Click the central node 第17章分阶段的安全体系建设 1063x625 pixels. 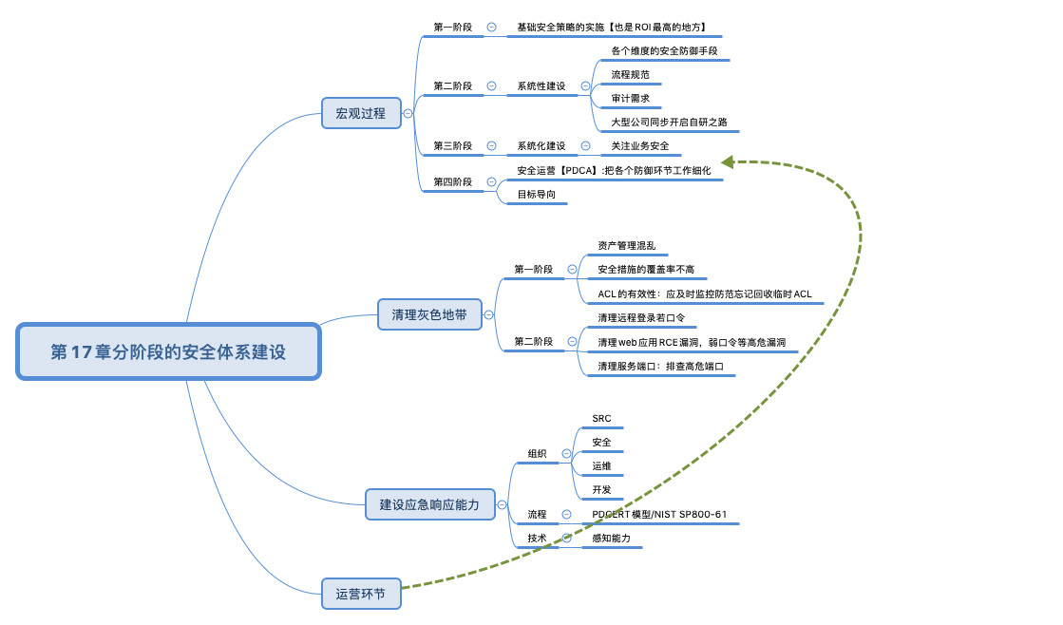pos(168,351)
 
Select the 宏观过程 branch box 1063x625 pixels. pos(361,113)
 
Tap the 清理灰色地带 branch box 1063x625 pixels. pos(429,313)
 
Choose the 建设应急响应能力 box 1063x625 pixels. pos(430,504)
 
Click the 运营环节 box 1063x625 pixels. pos(361,594)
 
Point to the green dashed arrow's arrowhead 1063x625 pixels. pos(728,162)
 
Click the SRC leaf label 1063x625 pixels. pos(601,419)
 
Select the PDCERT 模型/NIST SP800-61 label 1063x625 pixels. pos(659,514)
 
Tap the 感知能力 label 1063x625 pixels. pos(611,538)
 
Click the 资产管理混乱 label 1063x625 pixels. pos(626,245)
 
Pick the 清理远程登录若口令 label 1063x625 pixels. pos(641,317)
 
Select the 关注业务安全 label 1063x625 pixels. pos(639,145)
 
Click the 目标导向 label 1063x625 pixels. pos(536,194)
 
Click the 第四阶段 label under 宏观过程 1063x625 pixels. pos(452,181)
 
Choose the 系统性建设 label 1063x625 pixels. pos(541,85)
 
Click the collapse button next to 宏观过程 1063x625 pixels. pos(408,113)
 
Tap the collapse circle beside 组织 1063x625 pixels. pos(567,454)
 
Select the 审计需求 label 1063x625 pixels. pos(630,98)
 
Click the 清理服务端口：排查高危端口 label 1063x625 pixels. pos(660,366)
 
